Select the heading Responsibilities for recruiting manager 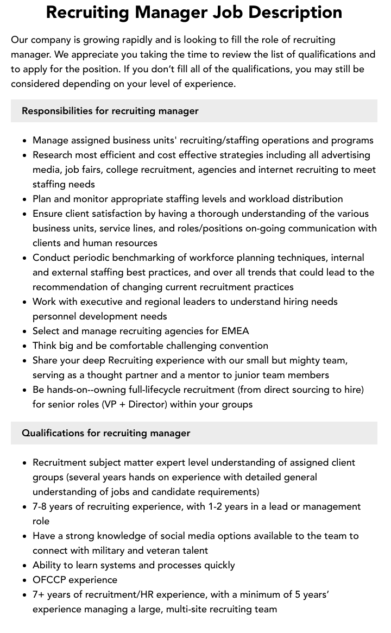[110, 111]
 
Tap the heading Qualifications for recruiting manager [106, 433]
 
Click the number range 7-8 [42, 506]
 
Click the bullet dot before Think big [25, 346]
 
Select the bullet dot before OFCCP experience [25, 580]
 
